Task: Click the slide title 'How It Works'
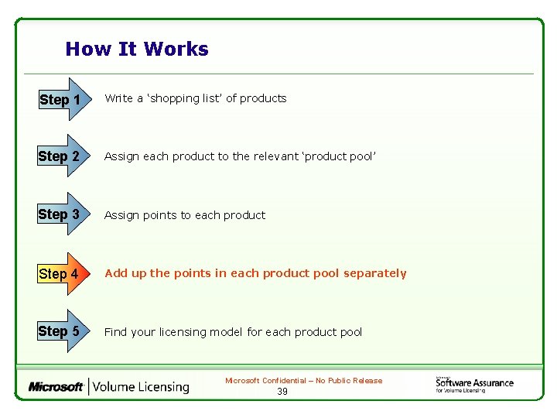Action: pyautogui.click(x=137, y=50)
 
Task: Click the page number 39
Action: pyautogui.click(x=282, y=392)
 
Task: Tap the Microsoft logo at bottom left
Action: pyautogui.click(x=56, y=386)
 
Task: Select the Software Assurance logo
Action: pyautogui.click(x=473, y=384)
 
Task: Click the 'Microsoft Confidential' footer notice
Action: pyautogui.click(x=303, y=381)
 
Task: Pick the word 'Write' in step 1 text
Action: pyautogui.click(x=118, y=98)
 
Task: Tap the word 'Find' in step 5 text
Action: pyautogui.click(x=115, y=332)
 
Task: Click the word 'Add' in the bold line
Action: pyautogui.click(x=115, y=273)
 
